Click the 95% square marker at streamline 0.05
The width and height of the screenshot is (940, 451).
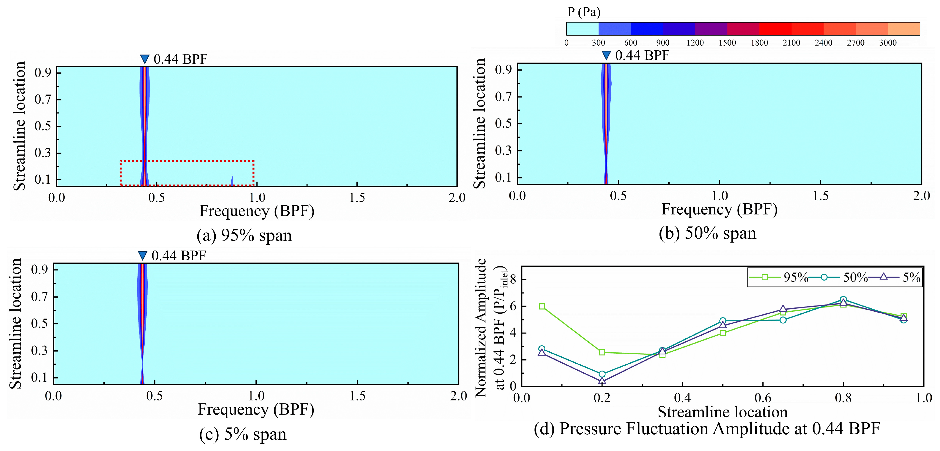tap(542, 306)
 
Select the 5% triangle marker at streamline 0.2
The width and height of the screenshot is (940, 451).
tap(602, 381)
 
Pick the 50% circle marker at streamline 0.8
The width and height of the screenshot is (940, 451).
tap(843, 300)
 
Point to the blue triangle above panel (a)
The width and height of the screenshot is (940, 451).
tap(145, 59)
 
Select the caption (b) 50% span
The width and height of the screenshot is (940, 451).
tap(707, 233)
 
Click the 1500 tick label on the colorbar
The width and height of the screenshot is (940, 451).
tap(727, 43)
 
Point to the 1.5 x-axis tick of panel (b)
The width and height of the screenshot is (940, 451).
tap(820, 196)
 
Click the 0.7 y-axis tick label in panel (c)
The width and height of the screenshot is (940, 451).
tap(39, 297)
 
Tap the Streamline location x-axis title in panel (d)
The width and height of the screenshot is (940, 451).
tap(723, 412)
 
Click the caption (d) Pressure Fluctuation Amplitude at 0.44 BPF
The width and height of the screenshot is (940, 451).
tap(707, 429)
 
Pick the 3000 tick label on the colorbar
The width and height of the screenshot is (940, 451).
tap(887, 43)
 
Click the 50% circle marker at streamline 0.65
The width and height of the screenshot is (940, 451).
tap(783, 320)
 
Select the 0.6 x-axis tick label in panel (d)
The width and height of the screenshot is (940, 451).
tap(763, 398)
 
